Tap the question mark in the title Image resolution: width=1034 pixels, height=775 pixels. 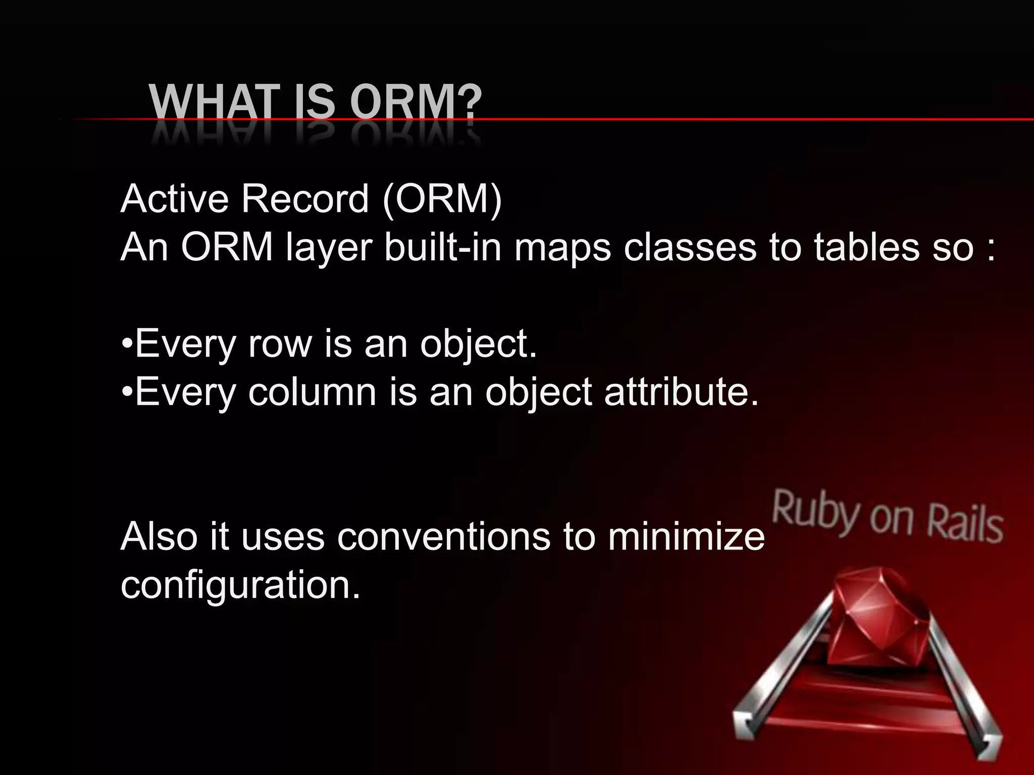point(471,103)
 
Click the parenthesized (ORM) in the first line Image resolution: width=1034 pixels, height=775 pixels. point(442,199)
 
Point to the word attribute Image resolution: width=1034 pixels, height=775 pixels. point(681,392)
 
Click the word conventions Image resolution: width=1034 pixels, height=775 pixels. point(443,536)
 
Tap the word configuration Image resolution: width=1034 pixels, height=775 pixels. point(240,585)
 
